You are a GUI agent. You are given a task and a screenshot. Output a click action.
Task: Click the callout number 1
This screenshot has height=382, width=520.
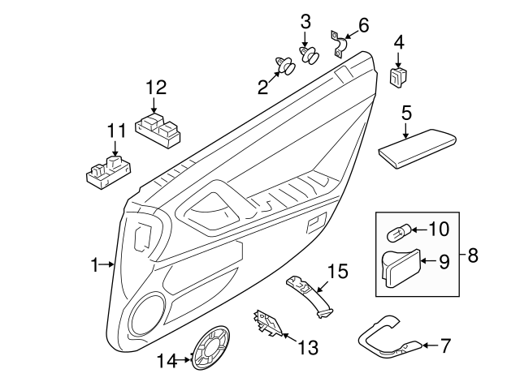95,264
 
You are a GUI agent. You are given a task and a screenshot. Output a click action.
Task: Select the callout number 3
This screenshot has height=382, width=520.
305,21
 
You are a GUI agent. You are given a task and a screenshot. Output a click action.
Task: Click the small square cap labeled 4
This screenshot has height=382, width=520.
398,76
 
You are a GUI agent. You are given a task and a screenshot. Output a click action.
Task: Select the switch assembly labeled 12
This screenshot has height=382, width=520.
158,128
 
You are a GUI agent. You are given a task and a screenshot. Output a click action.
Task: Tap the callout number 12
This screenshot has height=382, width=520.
156,87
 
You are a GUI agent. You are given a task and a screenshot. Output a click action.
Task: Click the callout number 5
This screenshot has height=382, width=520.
405,110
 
